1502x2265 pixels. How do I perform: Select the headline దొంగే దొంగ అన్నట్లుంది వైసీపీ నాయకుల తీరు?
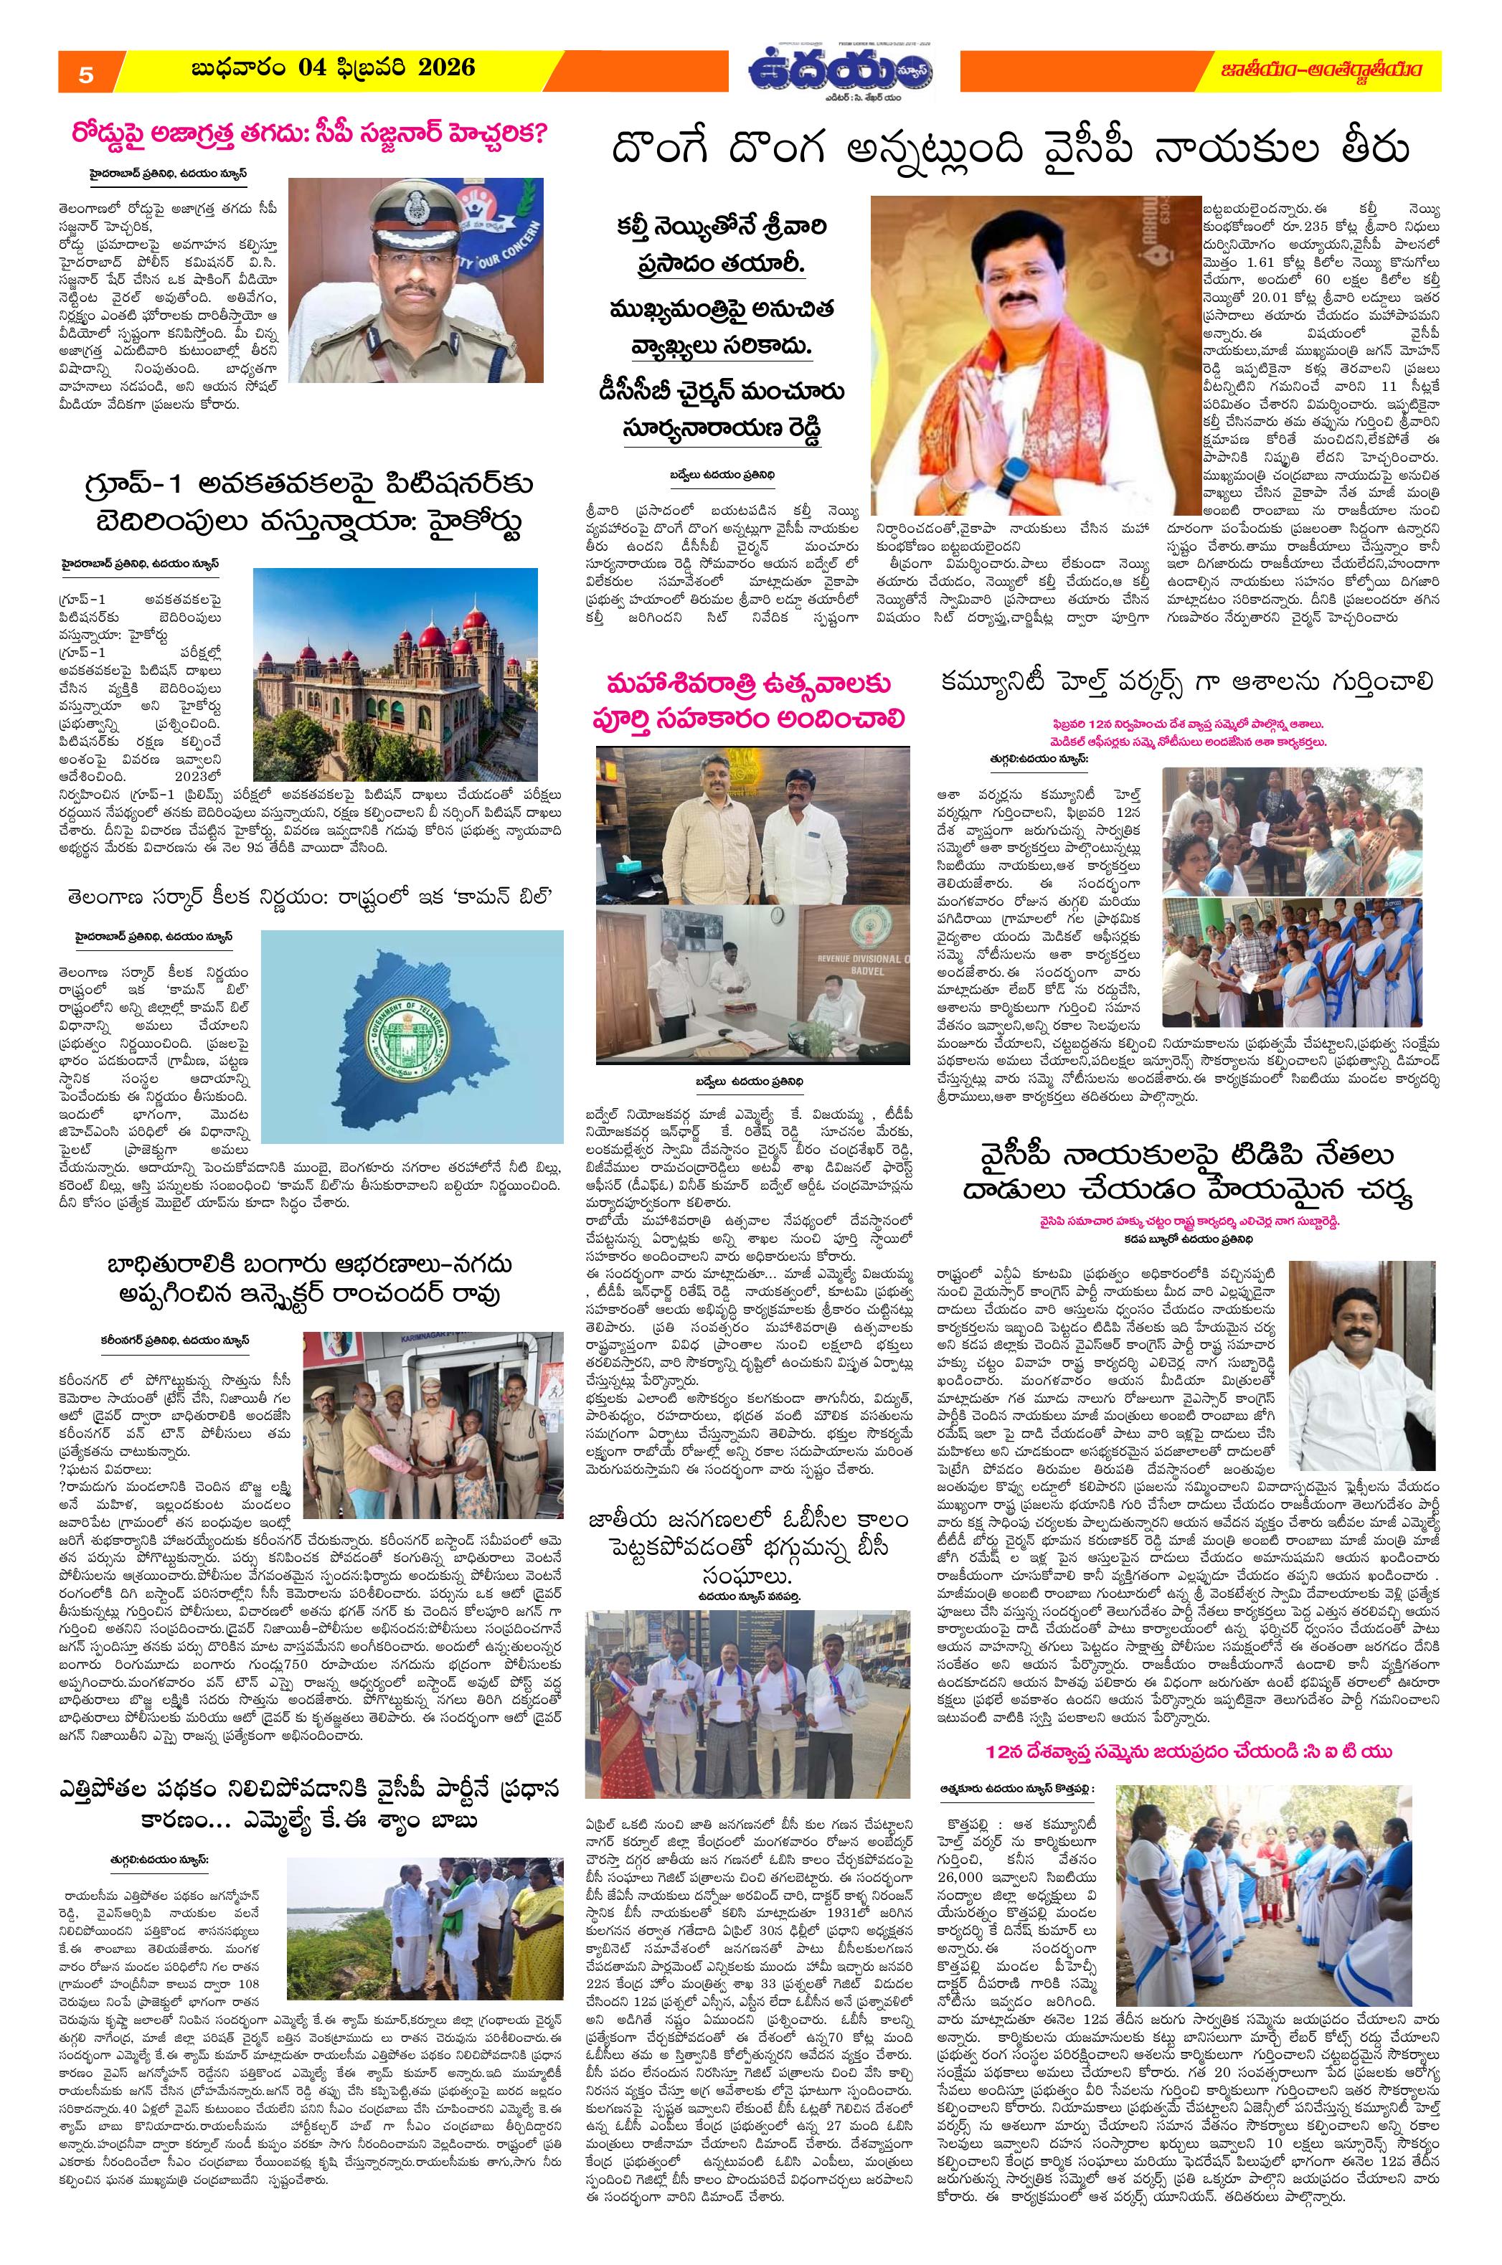point(1011,151)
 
